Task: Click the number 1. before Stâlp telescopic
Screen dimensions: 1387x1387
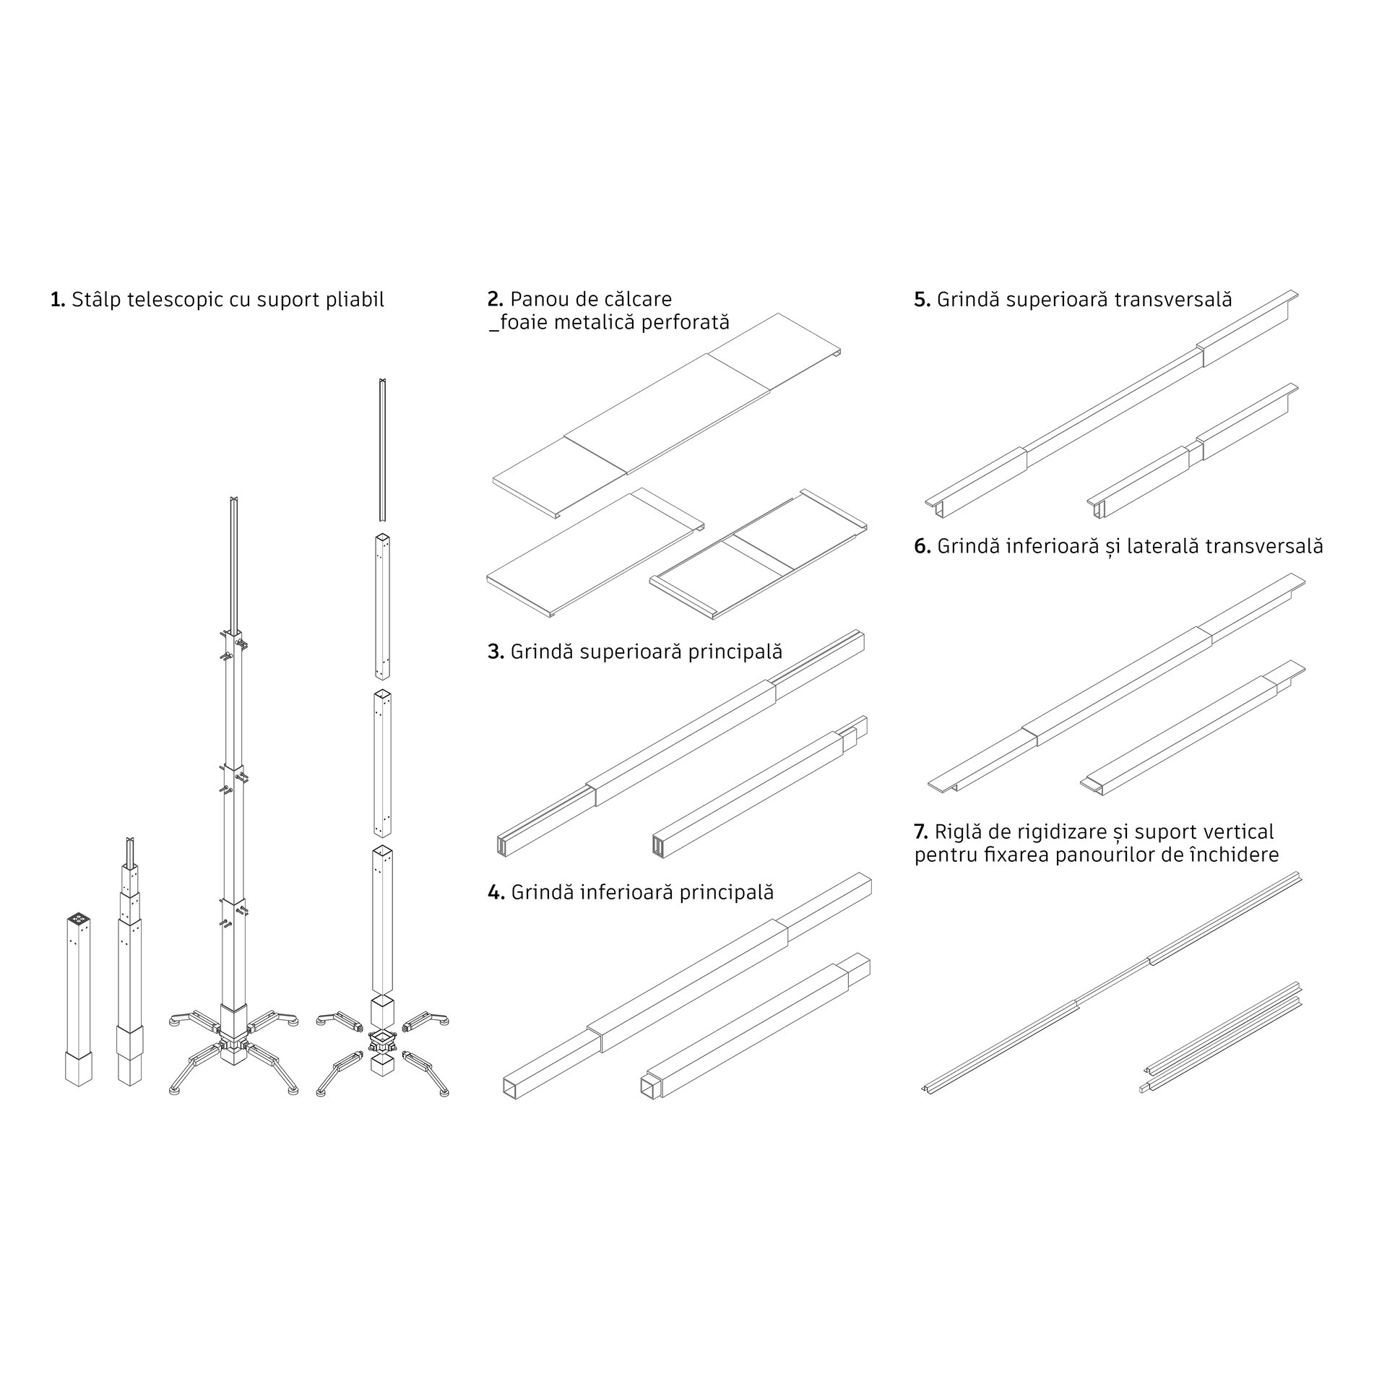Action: (x=58, y=300)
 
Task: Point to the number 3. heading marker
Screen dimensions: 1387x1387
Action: (x=496, y=652)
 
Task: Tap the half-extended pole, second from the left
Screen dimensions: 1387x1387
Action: (x=130, y=972)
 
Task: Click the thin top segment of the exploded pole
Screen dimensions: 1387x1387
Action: (x=381, y=449)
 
